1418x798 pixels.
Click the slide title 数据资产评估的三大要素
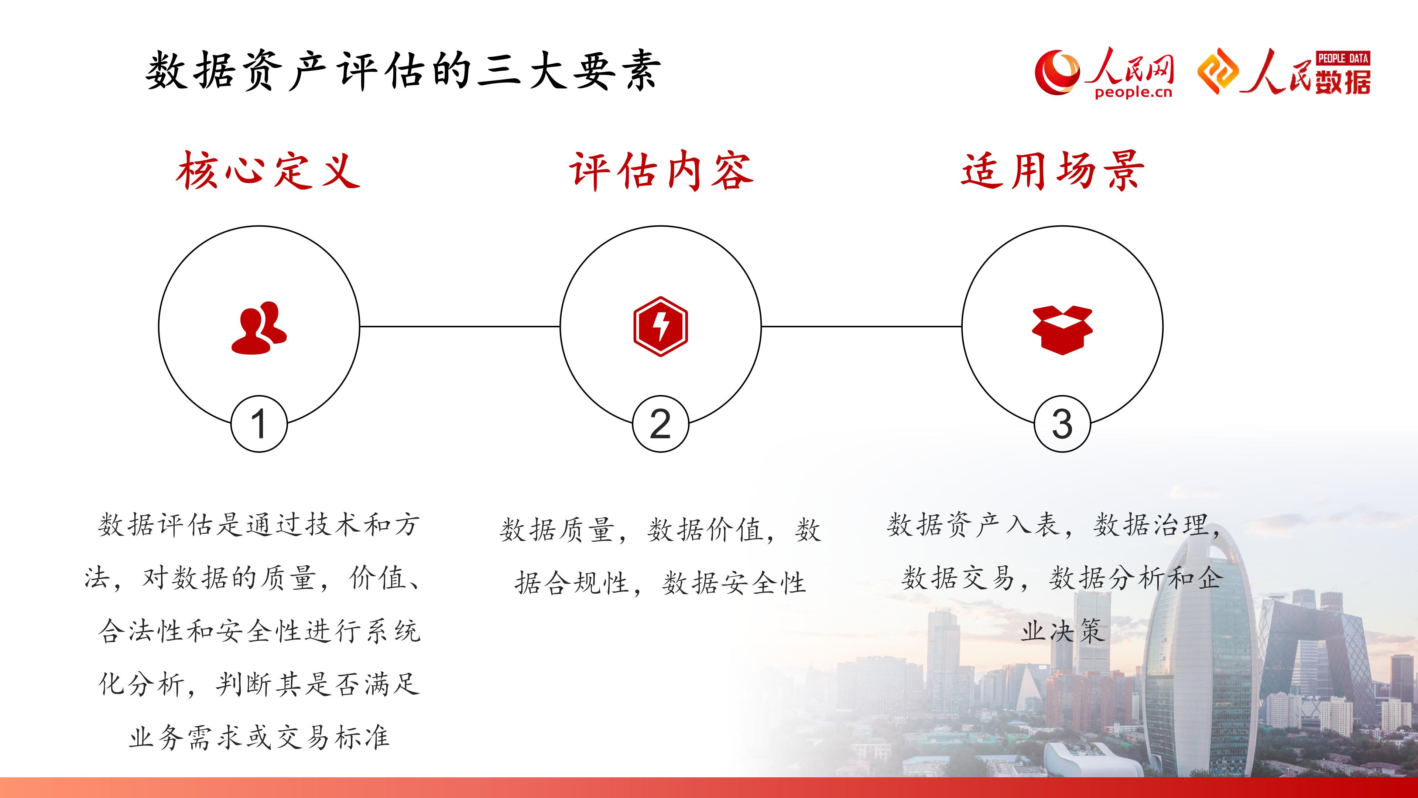403,71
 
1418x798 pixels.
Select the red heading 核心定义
268,170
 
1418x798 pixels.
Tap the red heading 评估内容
661,170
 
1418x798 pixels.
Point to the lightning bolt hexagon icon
661,327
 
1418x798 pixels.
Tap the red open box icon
1062,329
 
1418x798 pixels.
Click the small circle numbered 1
259,424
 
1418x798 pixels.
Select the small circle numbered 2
661,424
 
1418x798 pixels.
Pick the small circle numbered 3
1062,424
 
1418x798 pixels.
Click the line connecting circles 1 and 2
460,327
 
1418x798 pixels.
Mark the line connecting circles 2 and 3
862,327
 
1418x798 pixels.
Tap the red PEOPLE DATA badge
1343,58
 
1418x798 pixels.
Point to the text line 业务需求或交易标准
259,737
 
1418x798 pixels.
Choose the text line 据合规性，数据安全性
660,583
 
